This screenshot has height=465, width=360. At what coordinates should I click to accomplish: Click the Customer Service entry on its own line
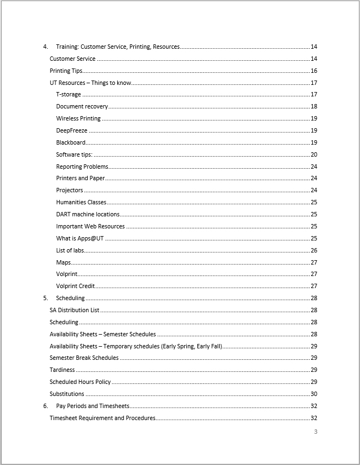click(x=72, y=59)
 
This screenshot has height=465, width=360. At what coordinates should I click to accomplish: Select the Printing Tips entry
click(x=66, y=71)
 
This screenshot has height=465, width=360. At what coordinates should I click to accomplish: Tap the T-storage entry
click(x=68, y=95)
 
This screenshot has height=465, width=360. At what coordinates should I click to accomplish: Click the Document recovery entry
click(x=82, y=107)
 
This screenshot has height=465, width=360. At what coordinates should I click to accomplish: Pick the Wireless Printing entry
click(x=78, y=119)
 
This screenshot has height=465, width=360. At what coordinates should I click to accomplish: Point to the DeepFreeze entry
click(x=72, y=131)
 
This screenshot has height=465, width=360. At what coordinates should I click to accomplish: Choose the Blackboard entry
click(x=71, y=142)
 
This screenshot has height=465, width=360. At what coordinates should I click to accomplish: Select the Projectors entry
click(x=70, y=190)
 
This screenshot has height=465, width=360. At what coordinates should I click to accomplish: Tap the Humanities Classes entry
click(x=81, y=202)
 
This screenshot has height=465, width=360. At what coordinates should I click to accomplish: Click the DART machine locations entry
click(x=88, y=214)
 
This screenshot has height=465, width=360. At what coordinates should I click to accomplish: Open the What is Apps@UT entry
click(x=79, y=238)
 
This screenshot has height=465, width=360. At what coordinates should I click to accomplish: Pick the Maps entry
click(x=63, y=262)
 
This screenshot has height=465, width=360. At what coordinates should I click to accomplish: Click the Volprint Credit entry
click(x=76, y=286)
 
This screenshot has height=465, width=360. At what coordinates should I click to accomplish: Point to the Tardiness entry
click(x=62, y=370)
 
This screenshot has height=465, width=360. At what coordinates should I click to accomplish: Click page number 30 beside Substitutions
click(x=314, y=394)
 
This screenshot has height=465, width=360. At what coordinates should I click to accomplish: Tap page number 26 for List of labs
click(x=314, y=250)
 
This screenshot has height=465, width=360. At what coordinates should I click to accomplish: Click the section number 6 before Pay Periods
click(x=45, y=406)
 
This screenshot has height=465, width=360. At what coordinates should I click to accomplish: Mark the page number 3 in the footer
click(x=316, y=432)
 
